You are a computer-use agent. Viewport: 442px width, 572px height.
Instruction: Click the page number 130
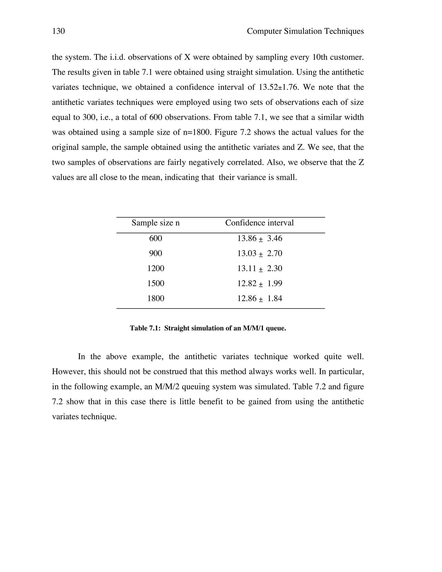pos(58,31)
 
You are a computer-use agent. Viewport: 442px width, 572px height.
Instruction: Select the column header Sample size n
pos(156,223)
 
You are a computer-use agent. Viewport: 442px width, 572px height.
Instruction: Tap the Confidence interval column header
pos(259,223)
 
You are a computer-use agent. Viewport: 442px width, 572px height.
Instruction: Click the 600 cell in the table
pos(156,238)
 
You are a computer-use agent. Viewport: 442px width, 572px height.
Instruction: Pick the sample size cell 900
pos(156,253)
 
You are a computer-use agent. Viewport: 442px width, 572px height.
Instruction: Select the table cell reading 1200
pos(156,269)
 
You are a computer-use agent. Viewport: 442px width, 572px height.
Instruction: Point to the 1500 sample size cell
pos(156,283)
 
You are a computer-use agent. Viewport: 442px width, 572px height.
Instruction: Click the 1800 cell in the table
pos(156,298)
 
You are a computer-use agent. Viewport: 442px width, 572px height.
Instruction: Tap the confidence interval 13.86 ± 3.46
pos(259,238)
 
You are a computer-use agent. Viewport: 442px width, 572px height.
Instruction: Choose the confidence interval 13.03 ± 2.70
pos(259,253)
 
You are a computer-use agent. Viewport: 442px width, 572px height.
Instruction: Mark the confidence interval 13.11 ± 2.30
pos(259,269)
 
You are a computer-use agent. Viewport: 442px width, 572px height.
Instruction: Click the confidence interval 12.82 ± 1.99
pos(259,283)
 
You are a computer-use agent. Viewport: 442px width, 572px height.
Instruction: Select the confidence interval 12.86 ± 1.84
pos(259,298)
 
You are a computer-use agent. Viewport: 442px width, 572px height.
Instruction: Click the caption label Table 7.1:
pos(145,328)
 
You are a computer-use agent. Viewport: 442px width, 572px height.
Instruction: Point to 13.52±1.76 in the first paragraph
pos(279,87)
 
